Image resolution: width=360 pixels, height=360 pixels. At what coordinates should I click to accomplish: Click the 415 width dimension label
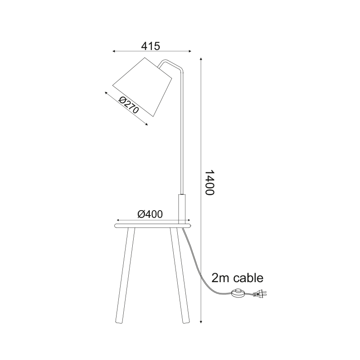coord(150,46)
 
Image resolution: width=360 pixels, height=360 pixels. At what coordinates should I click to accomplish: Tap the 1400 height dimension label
coord(209,183)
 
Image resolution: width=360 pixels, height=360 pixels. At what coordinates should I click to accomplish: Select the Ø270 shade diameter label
coord(129,105)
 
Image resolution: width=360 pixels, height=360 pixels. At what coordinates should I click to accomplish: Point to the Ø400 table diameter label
coord(150,214)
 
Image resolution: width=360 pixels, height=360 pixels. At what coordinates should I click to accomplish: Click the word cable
coord(248,278)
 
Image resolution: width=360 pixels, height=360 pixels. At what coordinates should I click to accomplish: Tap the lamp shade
coord(142,87)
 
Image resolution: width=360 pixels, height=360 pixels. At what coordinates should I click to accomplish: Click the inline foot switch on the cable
coord(238,293)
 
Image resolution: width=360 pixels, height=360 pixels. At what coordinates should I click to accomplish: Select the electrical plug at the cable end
coord(260,293)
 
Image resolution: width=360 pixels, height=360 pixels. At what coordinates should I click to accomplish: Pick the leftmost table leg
coord(124,276)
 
